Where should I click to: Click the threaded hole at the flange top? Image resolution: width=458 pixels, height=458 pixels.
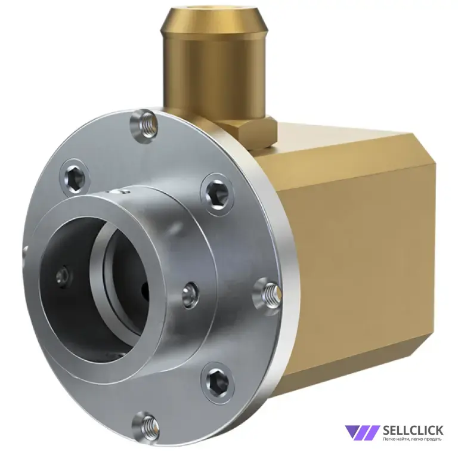pos(145,125)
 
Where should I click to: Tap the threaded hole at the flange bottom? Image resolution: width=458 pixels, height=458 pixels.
pos(146,426)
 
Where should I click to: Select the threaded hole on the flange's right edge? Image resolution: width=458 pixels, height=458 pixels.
pos(268,295)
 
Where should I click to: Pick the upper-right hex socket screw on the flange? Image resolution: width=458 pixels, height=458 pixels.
pos(217,194)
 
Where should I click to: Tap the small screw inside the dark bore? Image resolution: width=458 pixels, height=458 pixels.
pos(63,275)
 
